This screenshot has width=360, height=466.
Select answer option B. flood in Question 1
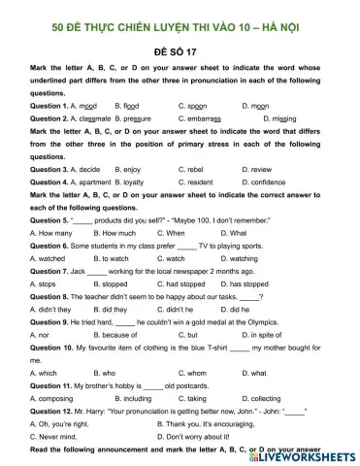132,104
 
